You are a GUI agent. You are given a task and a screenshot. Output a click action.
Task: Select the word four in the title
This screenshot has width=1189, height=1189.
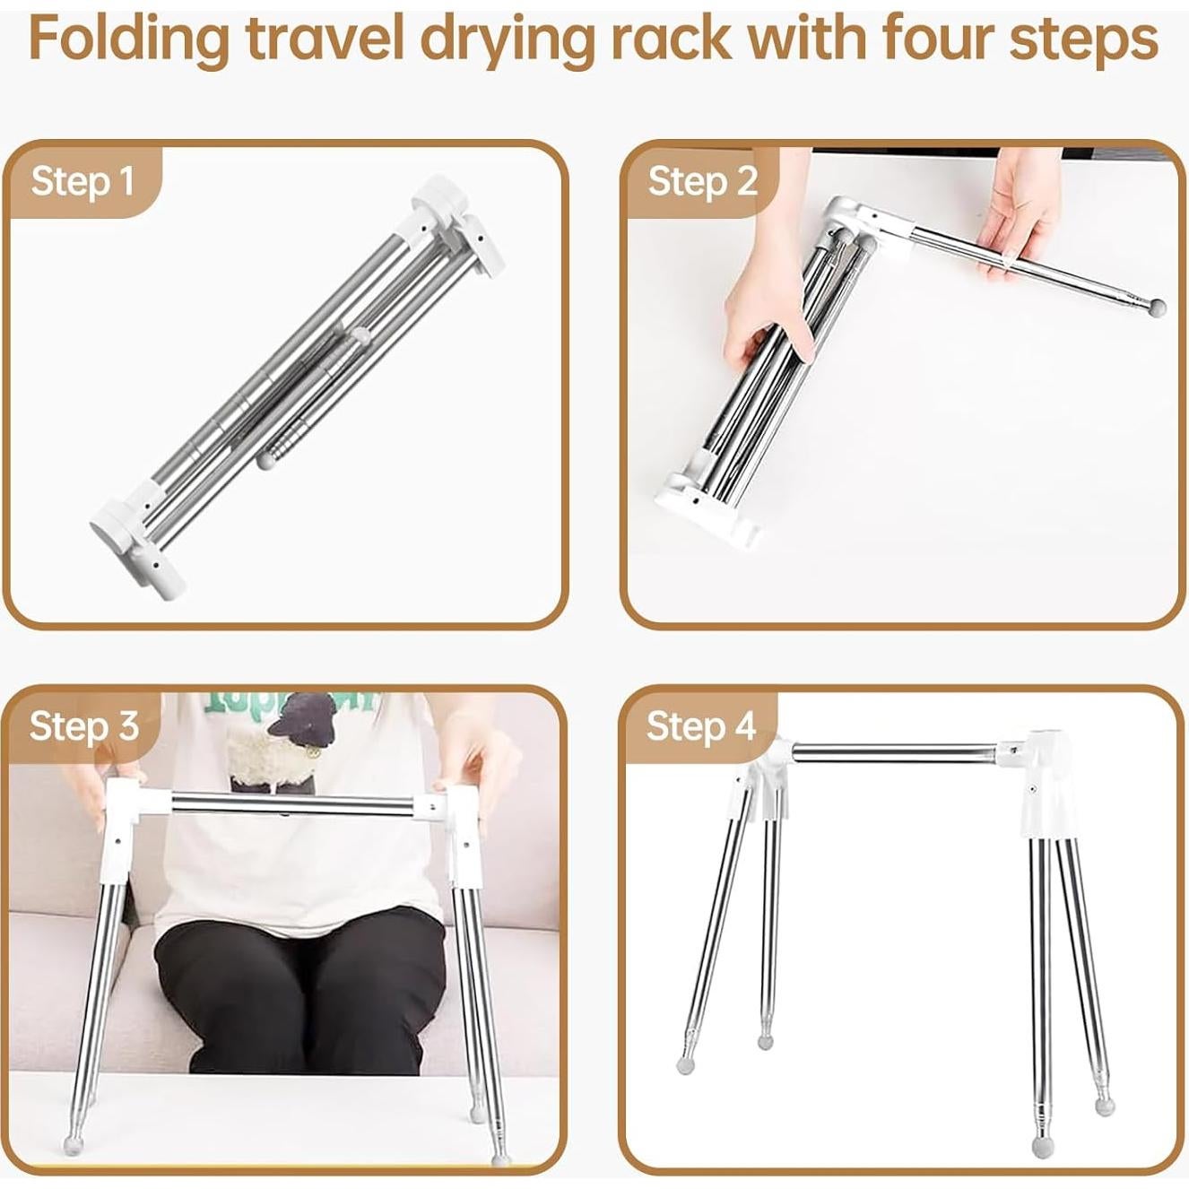click(936, 39)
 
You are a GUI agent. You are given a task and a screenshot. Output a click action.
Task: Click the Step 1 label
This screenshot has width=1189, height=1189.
click(82, 182)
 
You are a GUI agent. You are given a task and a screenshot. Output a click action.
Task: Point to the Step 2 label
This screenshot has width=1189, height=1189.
click(702, 182)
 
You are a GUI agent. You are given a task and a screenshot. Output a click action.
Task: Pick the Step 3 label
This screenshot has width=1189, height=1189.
click(83, 725)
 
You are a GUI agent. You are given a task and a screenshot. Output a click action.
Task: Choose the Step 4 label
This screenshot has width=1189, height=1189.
click(700, 725)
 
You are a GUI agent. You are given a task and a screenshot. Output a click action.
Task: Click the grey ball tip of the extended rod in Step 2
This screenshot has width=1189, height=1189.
click(1157, 308)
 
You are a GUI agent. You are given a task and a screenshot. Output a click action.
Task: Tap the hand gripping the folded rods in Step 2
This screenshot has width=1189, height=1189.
click(767, 296)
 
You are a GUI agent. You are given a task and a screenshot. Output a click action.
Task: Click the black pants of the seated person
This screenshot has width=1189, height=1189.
click(296, 986)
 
